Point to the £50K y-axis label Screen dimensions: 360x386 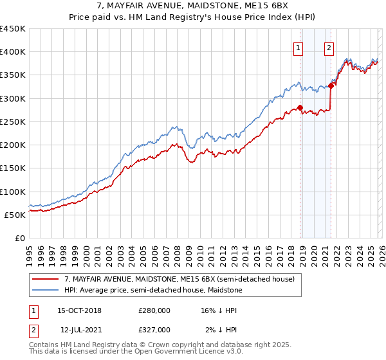[x=15, y=215]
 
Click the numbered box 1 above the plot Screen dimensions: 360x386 [x=299, y=47]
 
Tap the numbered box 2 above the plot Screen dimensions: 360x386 [x=329, y=47]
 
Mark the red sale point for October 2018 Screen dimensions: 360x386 [x=300, y=107]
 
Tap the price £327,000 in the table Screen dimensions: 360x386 [x=154, y=330]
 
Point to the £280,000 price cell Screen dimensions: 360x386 [x=154, y=310]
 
